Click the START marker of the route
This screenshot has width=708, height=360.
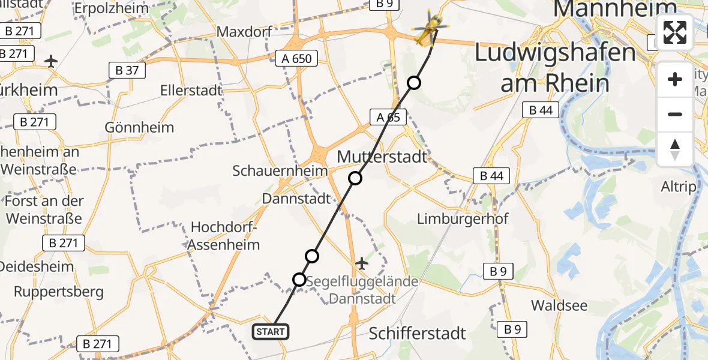(x=271, y=331)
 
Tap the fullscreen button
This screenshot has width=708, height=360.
(x=675, y=32)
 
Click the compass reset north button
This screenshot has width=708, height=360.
(x=675, y=149)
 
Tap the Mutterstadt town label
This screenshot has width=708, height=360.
(x=382, y=157)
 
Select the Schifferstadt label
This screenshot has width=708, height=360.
(x=417, y=333)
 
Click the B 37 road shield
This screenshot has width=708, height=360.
(x=127, y=70)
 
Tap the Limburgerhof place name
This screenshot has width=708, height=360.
(x=463, y=218)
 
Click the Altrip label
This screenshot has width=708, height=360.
(x=678, y=187)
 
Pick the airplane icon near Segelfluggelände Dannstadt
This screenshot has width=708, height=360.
(x=362, y=263)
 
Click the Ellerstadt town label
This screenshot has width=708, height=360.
(x=191, y=91)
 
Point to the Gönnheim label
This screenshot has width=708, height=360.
(x=139, y=127)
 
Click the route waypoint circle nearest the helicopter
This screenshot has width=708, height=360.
(x=414, y=83)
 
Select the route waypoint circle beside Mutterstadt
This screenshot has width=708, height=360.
(x=355, y=178)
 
